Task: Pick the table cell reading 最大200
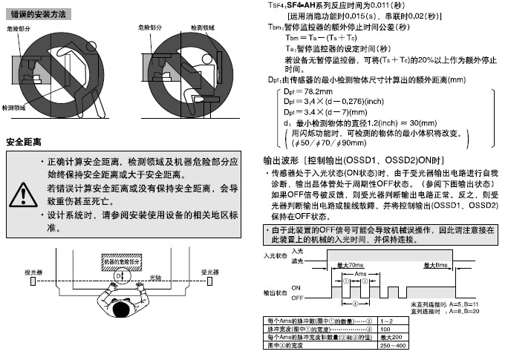point(397,338)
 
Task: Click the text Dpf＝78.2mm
point(307,90)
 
